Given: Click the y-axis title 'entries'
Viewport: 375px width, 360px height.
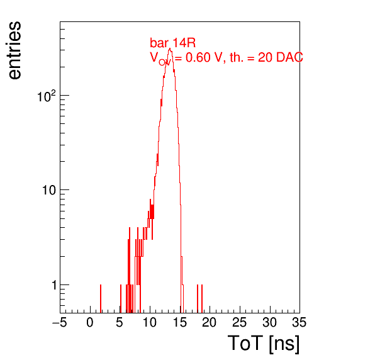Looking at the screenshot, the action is (15, 50).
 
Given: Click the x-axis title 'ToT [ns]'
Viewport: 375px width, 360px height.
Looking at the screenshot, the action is (264, 344).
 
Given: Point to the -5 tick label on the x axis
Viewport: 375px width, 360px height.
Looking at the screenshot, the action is (59, 322).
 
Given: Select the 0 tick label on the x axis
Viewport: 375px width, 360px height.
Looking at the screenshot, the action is (90, 322).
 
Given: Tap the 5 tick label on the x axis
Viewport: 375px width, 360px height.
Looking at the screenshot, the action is (120, 322).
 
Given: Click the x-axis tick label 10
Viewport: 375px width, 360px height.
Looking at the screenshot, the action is (150, 322).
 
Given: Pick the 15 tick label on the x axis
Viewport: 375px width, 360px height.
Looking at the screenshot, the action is (180, 322).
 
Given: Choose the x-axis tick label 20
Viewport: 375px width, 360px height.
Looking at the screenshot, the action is (210, 322).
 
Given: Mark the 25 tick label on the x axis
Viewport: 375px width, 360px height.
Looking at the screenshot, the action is (239, 322).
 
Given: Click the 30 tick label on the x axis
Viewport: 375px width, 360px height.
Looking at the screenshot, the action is (270, 322).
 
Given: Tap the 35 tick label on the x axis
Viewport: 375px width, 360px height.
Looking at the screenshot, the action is (299, 322).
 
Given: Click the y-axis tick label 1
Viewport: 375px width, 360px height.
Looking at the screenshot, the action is (54, 285).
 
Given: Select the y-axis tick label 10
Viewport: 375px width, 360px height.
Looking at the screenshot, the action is (49, 190).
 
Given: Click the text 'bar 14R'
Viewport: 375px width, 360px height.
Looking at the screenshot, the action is (172, 43).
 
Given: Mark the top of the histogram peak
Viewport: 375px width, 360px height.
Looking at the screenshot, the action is (170, 48).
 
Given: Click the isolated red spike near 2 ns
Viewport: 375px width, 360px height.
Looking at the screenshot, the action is (101, 298).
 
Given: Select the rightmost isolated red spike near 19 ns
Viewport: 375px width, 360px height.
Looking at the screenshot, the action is (202, 298).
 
